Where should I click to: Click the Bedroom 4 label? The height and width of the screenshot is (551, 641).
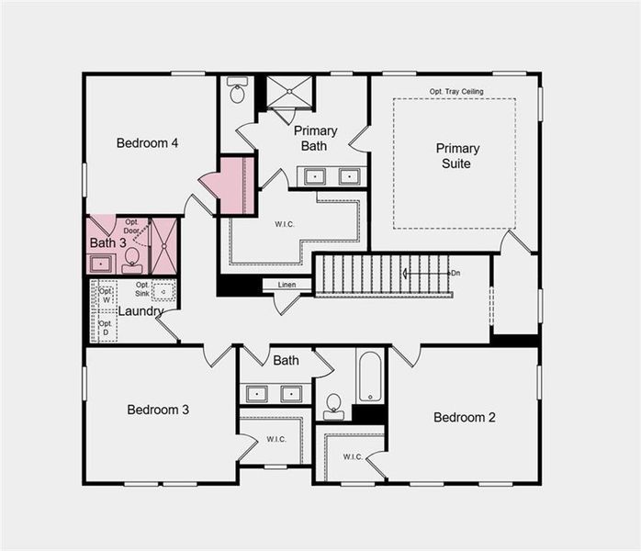tap(147, 143)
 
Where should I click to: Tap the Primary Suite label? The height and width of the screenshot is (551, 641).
tap(456, 156)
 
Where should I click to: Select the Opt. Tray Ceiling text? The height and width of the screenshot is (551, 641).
tap(456, 92)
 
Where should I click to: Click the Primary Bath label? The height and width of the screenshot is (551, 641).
tap(315, 139)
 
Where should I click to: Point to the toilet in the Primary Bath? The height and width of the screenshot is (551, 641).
tap(237, 92)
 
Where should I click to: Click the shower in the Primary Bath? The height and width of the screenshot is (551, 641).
tap(291, 92)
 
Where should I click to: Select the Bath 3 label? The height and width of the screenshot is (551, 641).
tap(107, 243)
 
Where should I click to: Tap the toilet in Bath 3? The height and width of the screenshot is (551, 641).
tap(132, 260)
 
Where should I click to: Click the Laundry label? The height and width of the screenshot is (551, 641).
tap(140, 311)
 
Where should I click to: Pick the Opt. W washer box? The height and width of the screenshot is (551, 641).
tap(106, 295)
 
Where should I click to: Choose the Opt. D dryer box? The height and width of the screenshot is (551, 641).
tap(106, 328)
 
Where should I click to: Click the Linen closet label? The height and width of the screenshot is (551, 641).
tap(287, 285)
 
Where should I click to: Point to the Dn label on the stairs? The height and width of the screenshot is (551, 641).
tap(454, 274)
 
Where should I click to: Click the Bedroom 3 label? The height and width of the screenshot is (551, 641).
tap(158, 410)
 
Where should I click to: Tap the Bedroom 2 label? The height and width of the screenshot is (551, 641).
tap(464, 418)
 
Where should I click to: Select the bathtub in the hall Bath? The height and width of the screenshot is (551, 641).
tap(369, 376)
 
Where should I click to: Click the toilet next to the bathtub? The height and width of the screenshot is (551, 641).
tap(333, 405)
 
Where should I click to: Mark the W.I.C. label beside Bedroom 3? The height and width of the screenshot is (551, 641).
tap(276, 439)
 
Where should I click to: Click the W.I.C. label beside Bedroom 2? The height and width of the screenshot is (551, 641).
tap(353, 456)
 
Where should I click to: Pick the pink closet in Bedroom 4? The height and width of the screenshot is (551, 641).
tap(234, 185)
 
